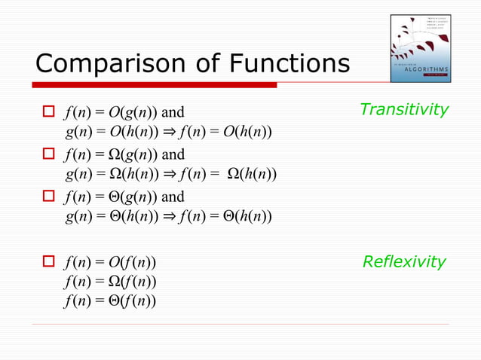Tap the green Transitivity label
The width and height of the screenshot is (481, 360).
pos(403,109)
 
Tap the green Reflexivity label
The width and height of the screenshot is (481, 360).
pos(404,262)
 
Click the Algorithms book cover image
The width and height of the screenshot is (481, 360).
pos(420,46)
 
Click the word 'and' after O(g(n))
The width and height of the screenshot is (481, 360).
pos(173,113)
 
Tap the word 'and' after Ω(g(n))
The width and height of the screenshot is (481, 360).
pos(173,155)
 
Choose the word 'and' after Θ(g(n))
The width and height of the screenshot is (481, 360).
pos(173,197)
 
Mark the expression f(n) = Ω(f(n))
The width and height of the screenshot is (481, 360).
pos(111,282)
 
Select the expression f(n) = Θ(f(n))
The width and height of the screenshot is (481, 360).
pos(111,302)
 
